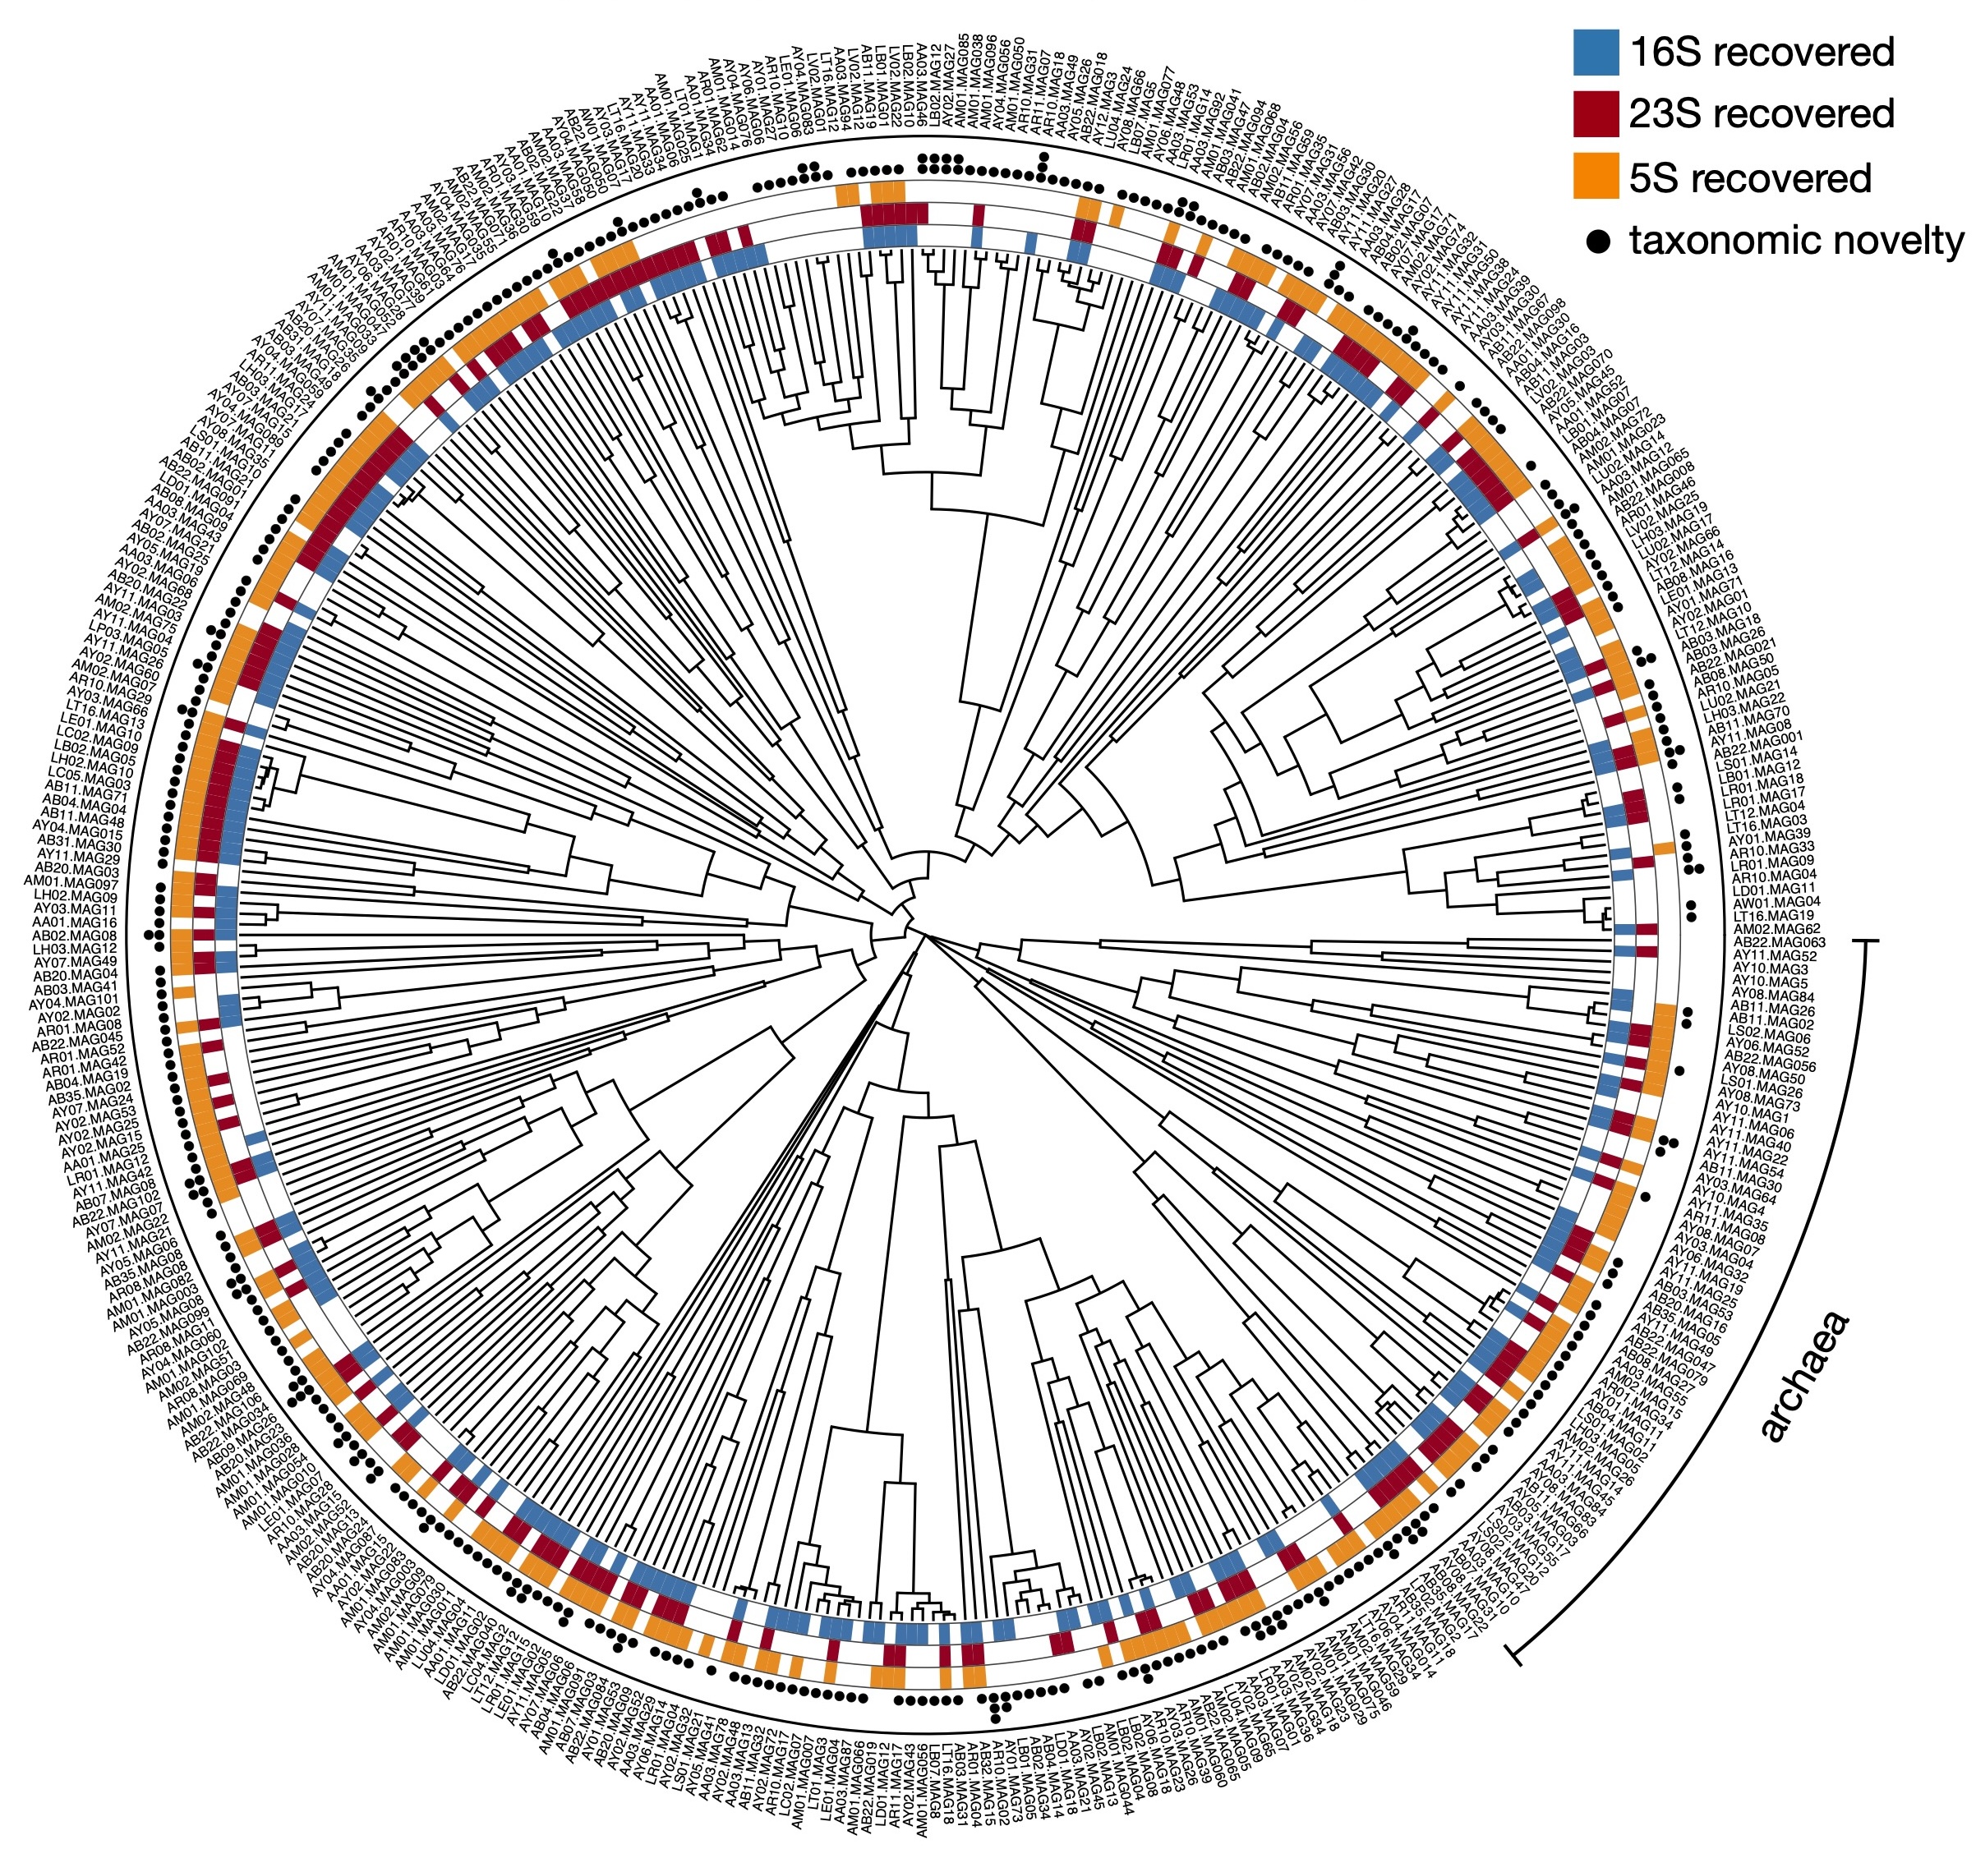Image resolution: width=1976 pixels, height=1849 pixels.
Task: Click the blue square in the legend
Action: pos(1596,52)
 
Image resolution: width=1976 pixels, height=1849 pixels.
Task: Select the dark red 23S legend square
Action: pos(1596,113)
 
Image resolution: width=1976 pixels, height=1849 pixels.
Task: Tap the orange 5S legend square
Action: pos(1596,176)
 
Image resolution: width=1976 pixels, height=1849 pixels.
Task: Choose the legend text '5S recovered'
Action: pos(1749,177)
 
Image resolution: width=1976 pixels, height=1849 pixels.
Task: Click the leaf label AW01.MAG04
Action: pos(1776,901)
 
